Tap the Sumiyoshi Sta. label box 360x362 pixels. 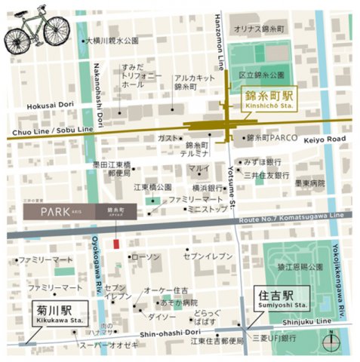pyautogui.click(x=276, y=301)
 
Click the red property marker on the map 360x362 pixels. pyautogui.click(x=115, y=244)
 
